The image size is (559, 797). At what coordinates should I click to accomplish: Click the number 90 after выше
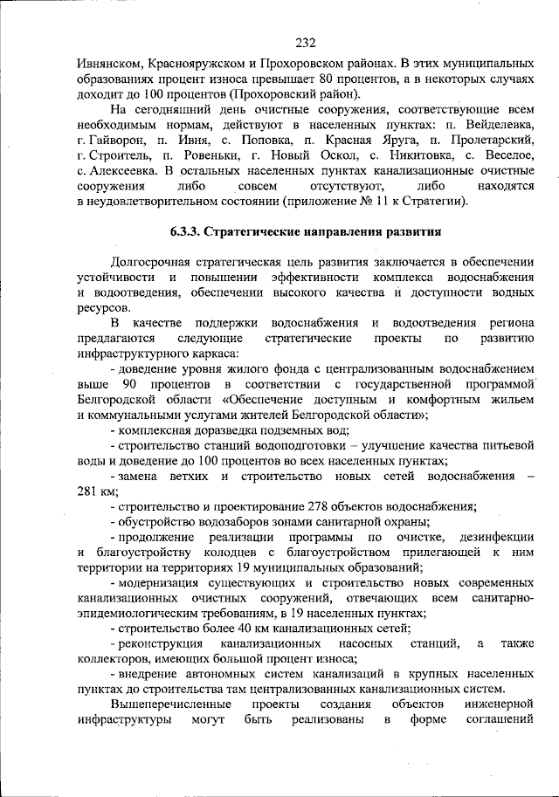[x=131, y=385]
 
